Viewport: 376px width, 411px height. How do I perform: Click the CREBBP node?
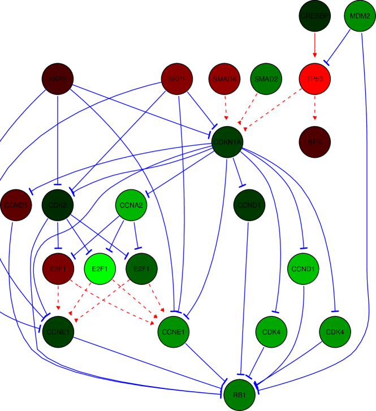pos(315,16)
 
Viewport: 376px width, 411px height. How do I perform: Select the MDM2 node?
pos(360,16)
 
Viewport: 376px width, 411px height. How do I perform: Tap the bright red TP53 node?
pos(315,79)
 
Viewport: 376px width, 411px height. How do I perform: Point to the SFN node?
pos(315,142)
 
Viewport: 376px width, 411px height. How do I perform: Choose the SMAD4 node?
pos(224,79)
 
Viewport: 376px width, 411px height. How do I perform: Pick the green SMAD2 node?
pos(266,79)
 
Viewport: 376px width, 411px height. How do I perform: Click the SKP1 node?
pos(177,79)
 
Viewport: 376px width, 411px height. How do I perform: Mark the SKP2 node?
pos(58,79)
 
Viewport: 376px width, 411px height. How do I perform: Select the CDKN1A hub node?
pos(227,142)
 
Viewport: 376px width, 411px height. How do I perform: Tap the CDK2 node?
pos(58,205)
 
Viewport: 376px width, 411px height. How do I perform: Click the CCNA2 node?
pos(131,205)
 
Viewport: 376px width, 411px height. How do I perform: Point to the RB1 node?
pos(240,395)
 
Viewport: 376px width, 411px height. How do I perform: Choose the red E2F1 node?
pos(58,269)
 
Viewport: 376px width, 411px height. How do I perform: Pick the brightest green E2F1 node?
pos(100,269)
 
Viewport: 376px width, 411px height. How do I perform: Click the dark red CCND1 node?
pos(15,205)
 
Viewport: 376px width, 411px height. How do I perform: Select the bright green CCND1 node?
pos(304,269)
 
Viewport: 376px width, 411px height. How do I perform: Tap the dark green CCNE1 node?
pos(58,332)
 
